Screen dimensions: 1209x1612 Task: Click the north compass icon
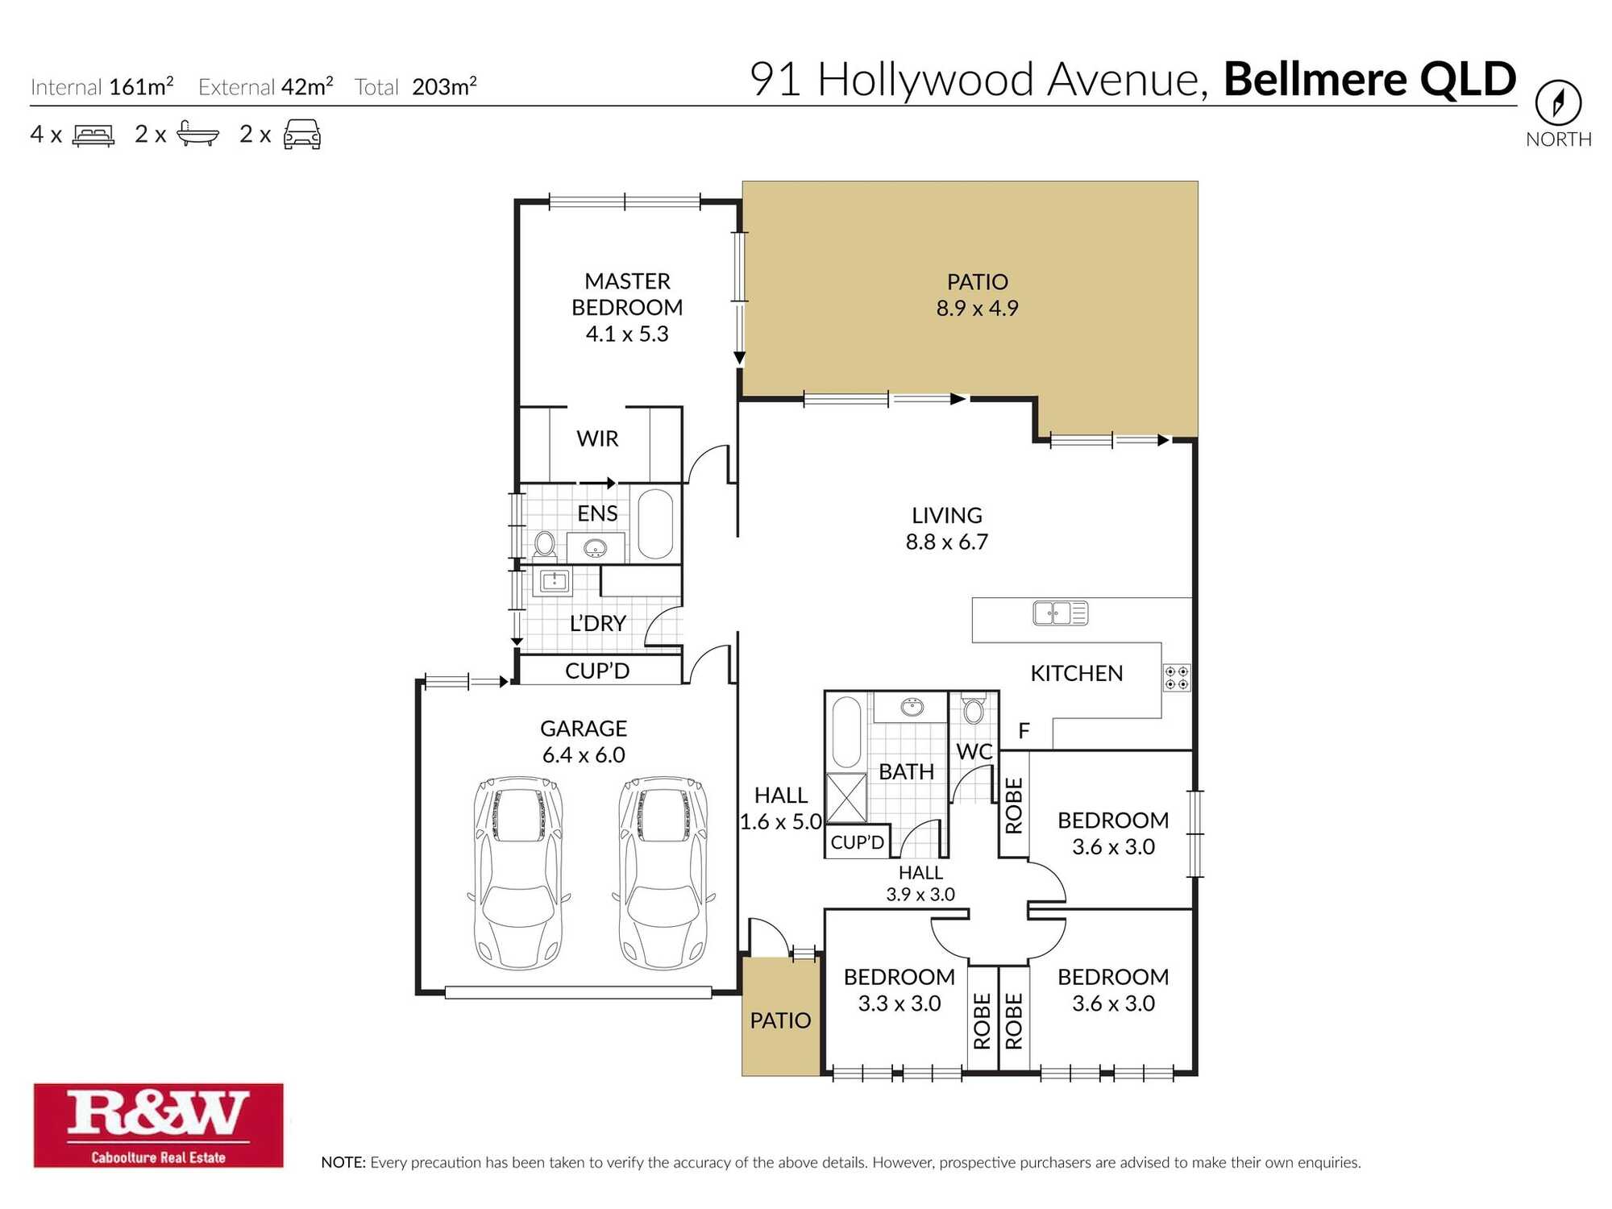(x=1557, y=102)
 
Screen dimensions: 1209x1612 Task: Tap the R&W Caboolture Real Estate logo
(x=158, y=1124)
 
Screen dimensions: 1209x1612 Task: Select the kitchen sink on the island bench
(x=1060, y=613)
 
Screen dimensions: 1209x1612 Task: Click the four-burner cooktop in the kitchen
(x=1176, y=677)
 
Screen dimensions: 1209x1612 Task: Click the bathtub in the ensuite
(x=655, y=524)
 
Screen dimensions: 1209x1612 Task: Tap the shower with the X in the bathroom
(x=846, y=797)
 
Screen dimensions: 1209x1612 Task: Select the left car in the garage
(x=518, y=873)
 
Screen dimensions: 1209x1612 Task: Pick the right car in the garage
(x=663, y=873)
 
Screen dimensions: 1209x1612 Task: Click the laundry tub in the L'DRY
(x=555, y=581)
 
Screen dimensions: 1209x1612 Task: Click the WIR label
(x=597, y=439)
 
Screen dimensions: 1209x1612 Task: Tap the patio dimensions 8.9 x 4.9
(x=977, y=309)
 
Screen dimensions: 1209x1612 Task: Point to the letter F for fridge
(x=1024, y=731)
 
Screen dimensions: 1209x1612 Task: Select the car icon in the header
(x=302, y=135)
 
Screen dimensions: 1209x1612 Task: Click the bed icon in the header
(x=93, y=135)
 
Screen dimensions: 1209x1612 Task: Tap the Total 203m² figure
(x=444, y=87)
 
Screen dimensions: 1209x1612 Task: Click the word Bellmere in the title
(x=1316, y=80)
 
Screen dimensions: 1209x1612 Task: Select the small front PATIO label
(x=780, y=1020)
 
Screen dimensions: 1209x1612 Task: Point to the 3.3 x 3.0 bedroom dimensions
(x=899, y=1003)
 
